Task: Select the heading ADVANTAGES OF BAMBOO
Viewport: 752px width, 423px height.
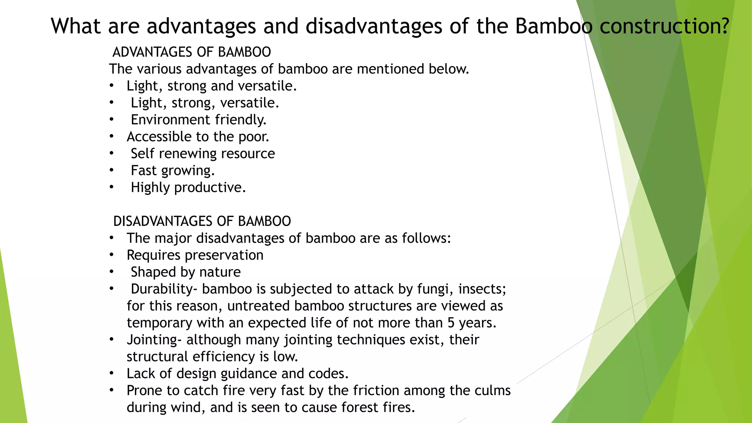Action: [192, 52]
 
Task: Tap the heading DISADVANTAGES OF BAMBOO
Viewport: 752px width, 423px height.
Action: [202, 221]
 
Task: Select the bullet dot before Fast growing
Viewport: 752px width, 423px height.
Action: [111, 170]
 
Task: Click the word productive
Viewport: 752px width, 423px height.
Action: [210, 188]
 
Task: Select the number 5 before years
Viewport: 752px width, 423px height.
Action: [451, 323]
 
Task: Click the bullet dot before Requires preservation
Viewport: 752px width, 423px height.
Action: [111, 255]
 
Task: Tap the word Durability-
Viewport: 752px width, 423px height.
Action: [164, 289]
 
